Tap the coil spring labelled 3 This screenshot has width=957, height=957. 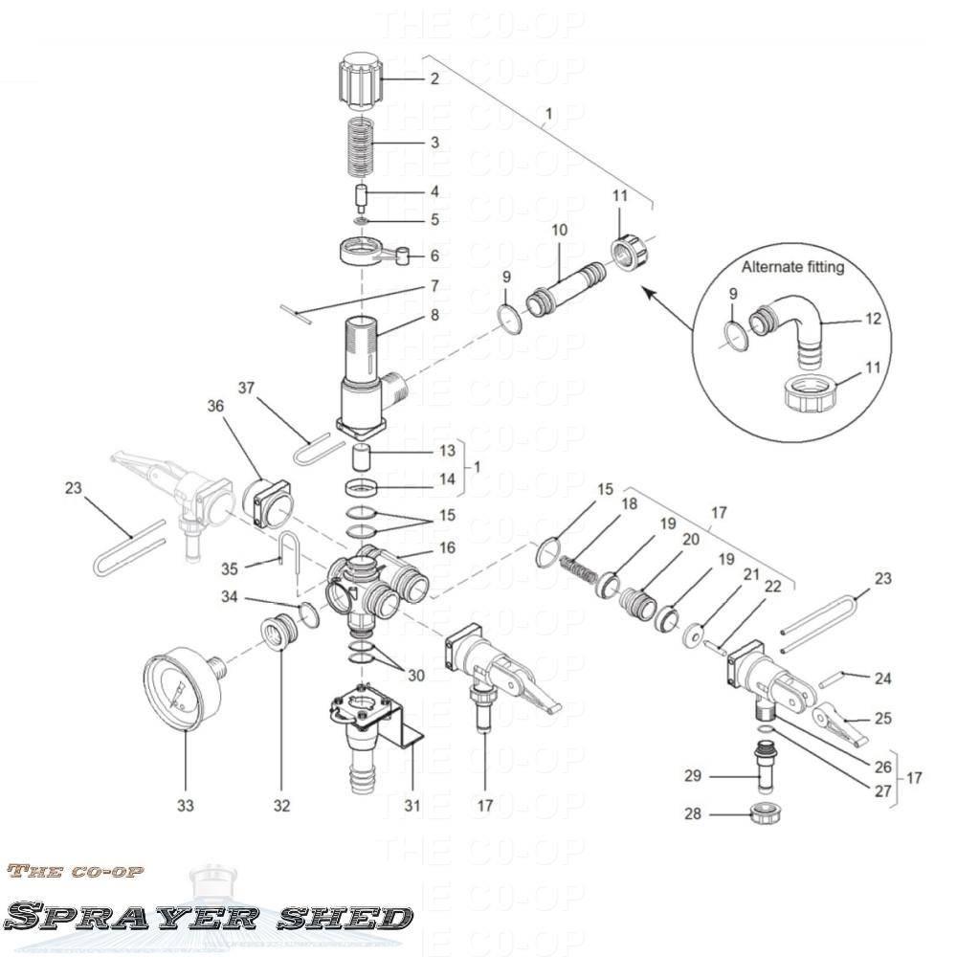click(x=359, y=146)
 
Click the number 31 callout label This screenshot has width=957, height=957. click(x=412, y=805)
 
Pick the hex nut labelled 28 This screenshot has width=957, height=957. click(x=763, y=815)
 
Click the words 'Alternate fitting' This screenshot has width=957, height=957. click(x=793, y=267)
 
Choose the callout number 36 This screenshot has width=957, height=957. click(x=214, y=406)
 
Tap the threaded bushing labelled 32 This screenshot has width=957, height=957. click(x=278, y=634)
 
